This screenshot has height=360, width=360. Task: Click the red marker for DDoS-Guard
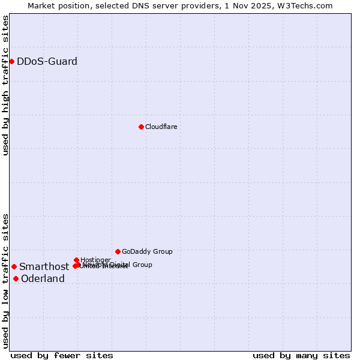(11, 61)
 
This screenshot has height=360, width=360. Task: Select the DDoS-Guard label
(47, 62)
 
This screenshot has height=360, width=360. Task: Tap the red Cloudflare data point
(141, 127)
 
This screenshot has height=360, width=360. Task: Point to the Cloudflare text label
(161, 127)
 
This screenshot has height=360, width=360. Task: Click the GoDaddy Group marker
(118, 251)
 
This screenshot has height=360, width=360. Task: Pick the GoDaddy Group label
(147, 251)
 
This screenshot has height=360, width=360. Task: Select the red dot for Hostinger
(76, 260)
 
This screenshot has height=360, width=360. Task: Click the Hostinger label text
(95, 260)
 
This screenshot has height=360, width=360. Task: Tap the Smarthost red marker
(14, 266)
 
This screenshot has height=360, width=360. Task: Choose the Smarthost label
(44, 267)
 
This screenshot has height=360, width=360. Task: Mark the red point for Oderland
(16, 278)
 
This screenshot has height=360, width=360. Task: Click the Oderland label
(43, 279)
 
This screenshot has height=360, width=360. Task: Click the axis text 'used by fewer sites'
(62, 355)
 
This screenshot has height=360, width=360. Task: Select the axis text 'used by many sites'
(301, 355)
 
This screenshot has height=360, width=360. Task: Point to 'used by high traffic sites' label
(5, 85)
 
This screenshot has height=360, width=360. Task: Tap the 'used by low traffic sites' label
(5, 280)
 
